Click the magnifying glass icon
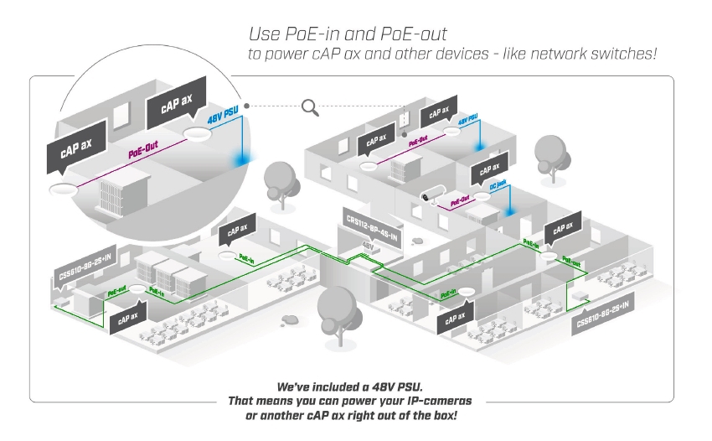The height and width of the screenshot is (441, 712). point(311,106)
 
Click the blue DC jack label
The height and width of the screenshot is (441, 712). point(498,188)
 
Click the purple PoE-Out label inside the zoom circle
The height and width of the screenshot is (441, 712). point(143,153)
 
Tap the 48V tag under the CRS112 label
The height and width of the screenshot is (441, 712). point(368,246)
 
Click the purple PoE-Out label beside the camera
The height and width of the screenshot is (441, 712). point(460,201)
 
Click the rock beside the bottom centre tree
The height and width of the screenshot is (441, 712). point(290,319)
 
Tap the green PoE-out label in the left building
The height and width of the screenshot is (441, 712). point(116,288)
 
